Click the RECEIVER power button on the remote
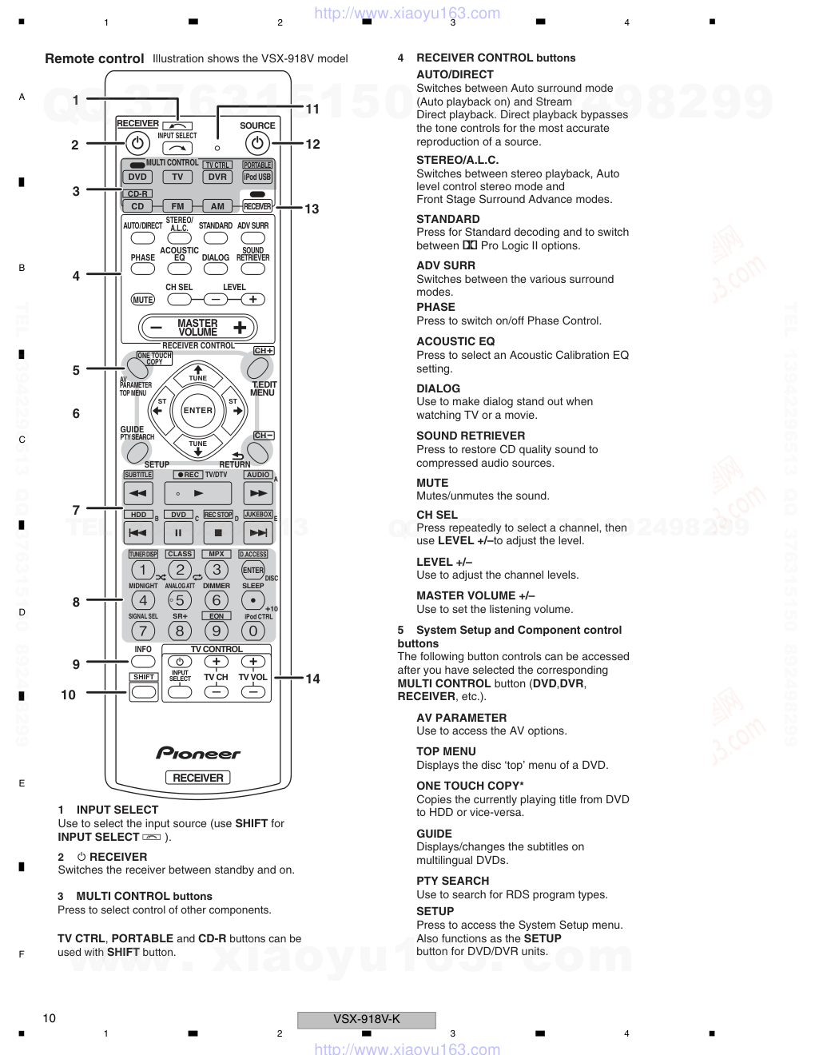coord(137,143)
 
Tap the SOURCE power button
coord(256,143)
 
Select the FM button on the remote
coord(177,206)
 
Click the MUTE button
coord(143,300)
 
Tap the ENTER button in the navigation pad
coord(198,411)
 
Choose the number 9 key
coord(216,631)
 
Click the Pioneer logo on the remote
coord(198,753)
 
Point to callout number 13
coord(312,209)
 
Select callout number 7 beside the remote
coord(76,510)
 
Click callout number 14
coord(312,679)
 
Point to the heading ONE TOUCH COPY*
coord(470,786)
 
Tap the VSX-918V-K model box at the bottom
coord(367,1019)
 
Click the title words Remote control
coord(94,58)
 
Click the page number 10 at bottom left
coord(50,1017)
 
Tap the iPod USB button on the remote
coord(257,177)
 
